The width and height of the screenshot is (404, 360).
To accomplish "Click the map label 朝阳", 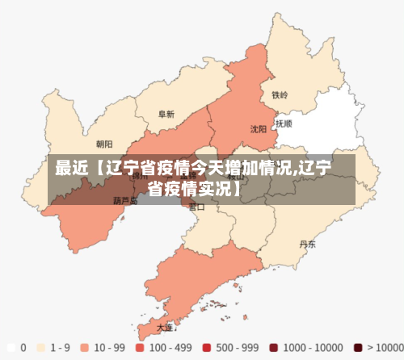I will click(x=104, y=144).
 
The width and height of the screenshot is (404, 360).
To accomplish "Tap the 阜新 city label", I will click(x=166, y=115).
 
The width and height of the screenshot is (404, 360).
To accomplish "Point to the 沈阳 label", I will click(x=258, y=128).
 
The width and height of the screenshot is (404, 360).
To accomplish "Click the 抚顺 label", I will click(x=284, y=124).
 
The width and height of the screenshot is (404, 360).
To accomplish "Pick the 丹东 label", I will click(x=307, y=243).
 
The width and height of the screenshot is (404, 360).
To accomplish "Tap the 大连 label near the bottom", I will click(x=165, y=328).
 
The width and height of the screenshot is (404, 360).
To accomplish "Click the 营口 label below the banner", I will click(x=196, y=207).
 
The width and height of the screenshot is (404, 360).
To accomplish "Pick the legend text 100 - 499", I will click(x=173, y=348).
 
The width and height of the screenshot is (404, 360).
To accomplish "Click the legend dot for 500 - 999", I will click(x=206, y=348).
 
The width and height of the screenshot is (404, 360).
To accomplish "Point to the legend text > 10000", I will click(x=382, y=348).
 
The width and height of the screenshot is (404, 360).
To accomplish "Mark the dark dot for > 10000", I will click(x=358, y=348).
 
